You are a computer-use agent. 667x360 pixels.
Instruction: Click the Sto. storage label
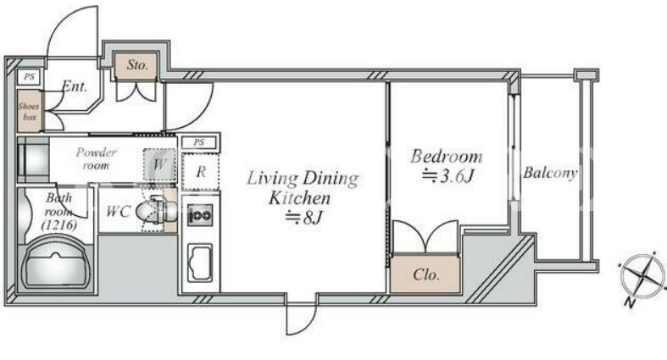(137, 65)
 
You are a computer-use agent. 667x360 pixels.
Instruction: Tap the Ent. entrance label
(75, 86)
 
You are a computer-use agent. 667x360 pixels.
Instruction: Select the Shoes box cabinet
(29, 111)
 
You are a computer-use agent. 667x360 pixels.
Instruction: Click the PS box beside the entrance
(29, 77)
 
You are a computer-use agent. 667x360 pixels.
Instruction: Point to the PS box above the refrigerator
(199, 142)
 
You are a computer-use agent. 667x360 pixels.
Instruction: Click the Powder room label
(96, 158)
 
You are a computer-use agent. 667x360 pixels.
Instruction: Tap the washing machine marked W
(159, 164)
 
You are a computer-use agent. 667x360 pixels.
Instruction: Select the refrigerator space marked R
(201, 172)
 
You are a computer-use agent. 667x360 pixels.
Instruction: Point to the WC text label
(118, 211)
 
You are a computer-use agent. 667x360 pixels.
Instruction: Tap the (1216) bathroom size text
(59, 225)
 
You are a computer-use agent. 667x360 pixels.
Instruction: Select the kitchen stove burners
(200, 215)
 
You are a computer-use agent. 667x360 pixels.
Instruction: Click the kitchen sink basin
(200, 263)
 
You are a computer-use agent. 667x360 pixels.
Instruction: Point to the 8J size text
(304, 218)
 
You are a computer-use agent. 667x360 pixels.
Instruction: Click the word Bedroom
(447, 157)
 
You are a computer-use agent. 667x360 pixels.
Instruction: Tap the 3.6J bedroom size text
(447, 176)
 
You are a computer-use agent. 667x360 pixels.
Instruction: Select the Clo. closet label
(425, 274)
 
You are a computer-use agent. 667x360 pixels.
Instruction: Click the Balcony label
(550, 173)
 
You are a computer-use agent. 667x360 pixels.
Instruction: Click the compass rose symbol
(642, 276)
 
